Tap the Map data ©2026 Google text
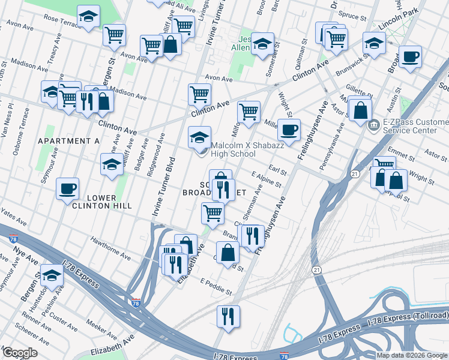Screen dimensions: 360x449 412,355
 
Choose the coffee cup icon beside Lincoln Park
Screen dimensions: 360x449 410,56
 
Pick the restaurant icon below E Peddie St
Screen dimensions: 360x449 228,316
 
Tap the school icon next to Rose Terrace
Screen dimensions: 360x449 89,17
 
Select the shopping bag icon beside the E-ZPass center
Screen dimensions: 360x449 360,111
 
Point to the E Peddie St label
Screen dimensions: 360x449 216,286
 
